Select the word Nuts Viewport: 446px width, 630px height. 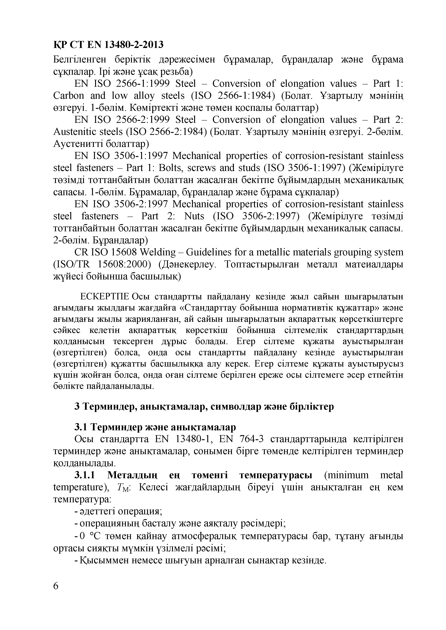click(x=195, y=216)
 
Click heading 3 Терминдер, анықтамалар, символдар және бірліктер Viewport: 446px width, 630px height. click(x=204, y=406)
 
